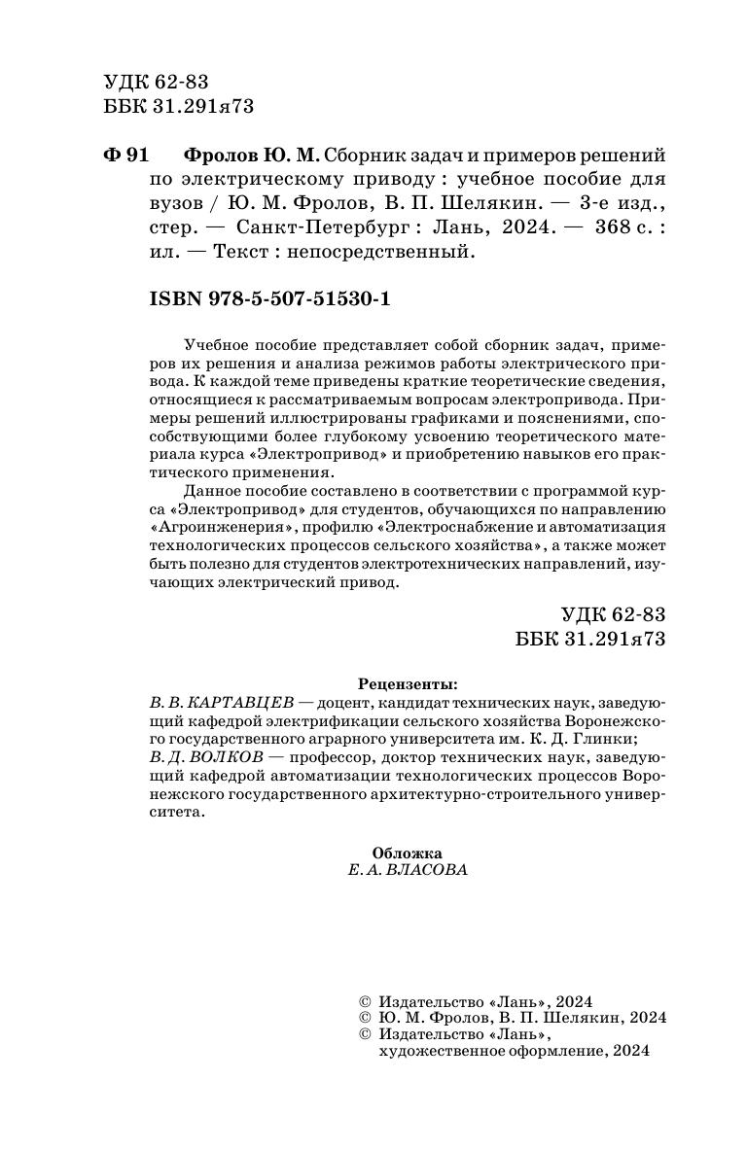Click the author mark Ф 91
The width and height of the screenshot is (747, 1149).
124,156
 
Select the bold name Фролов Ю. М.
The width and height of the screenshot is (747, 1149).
251,156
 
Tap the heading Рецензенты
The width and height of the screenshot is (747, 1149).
407,682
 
